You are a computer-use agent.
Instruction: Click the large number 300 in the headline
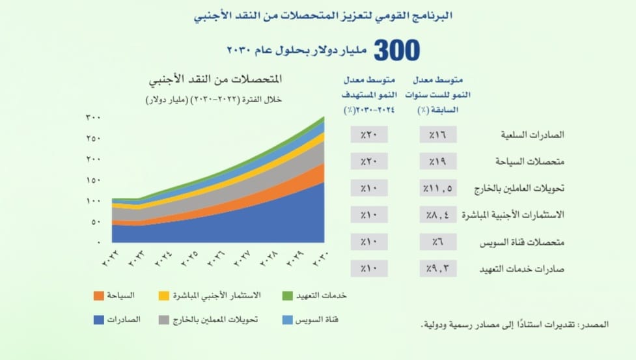coord(396,51)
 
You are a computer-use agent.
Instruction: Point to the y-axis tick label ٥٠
coord(95,222)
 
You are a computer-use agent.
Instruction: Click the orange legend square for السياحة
coord(98,296)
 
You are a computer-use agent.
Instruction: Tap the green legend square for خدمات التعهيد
coord(286,296)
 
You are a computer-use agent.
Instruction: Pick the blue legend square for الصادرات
coord(98,320)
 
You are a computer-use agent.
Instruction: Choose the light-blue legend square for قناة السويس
coord(286,320)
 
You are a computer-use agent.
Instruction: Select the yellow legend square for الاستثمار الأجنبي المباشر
coord(164,296)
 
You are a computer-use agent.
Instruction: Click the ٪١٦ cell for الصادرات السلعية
coord(438,135)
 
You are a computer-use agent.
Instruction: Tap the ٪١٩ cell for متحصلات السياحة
coord(438,161)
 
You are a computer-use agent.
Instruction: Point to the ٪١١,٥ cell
coord(438,188)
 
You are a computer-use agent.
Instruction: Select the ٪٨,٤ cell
coord(438,214)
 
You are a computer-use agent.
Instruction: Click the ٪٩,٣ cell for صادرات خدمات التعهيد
coord(438,268)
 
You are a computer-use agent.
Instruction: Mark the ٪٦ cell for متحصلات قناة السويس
coord(438,242)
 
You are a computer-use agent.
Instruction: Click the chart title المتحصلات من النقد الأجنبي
coord(215,83)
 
